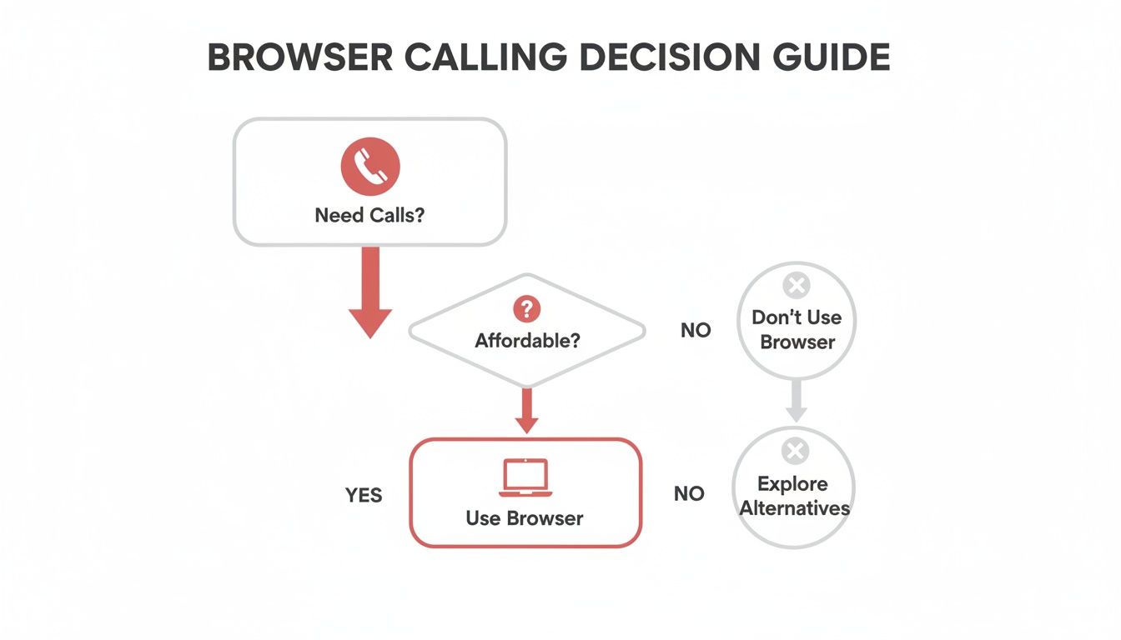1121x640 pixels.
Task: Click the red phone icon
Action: [369, 167]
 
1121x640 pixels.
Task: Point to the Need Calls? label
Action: [369, 215]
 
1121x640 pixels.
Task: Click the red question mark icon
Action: [526, 310]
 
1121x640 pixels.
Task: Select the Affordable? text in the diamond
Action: [527, 341]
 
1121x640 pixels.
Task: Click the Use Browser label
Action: [525, 518]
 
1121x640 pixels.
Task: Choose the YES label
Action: [364, 496]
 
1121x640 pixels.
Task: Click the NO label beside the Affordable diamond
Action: [696, 331]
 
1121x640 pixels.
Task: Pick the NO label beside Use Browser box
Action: [689, 494]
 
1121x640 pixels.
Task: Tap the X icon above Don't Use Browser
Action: [797, 287]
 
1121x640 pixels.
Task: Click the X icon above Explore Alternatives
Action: [794, 452]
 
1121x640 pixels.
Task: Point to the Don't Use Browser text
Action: [797, 329]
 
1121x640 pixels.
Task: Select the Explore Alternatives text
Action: [794, 496]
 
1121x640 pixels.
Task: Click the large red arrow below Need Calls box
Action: [370, 292]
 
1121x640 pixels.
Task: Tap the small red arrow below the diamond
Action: [526, 411]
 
